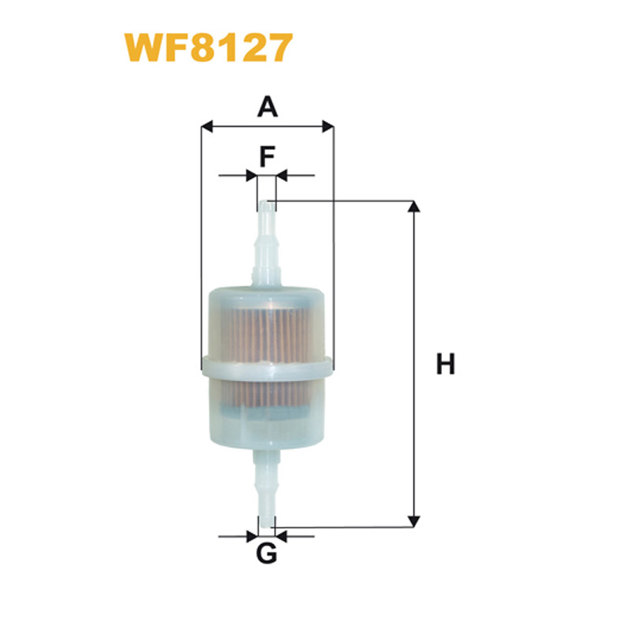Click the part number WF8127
tap(209, 48)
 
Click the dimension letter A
tap(268, 107)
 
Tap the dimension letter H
tap(445, 363)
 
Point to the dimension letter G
tap(266, 553)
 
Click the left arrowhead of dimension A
tap(206, 126)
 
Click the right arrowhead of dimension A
tap(328, 126)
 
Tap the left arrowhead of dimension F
tap(251, 175)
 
